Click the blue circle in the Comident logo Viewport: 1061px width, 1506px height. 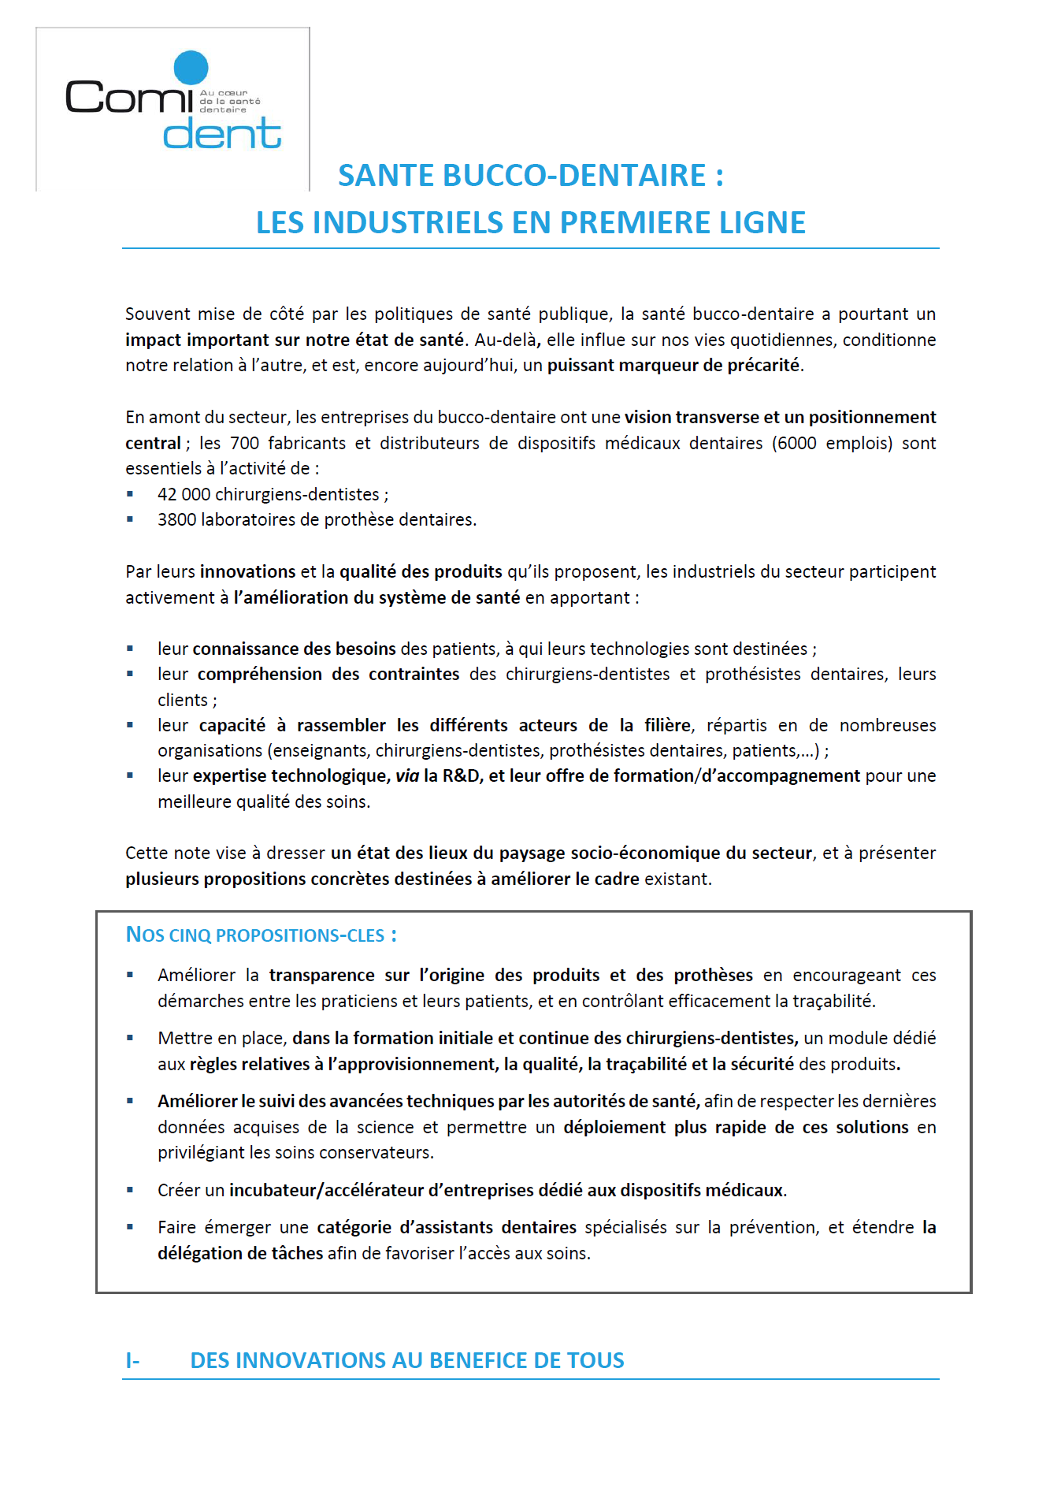pyautogui.click(x=191, y=68)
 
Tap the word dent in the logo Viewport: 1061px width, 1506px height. pyautogui.click(x=222, y=133)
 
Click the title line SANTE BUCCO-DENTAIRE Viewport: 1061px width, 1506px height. pyautogui.click(x=530, y=175)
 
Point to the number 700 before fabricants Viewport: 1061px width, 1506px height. pyautogui.click(x=244, y=443)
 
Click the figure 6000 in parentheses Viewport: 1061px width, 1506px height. pyautogui.click(x=796, y=443)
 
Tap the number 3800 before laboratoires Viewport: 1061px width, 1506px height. pyautogui.click(x=177, y=520)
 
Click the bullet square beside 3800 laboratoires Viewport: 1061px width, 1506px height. pyautogui.click(x=130, y=519)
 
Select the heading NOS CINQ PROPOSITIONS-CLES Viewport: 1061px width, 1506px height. pyautogui.click(x=262, y=935)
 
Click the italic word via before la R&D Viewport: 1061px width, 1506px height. pyautogui.click(x=407, y=776)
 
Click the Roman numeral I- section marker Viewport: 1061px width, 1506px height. pyautogui.click(x=132, y=1361)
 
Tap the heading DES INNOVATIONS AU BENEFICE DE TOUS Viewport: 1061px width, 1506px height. pyautogui.click(x=407, y=1361)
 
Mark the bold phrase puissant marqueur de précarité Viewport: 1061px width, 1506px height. pyautogui.click(x=673, y=366)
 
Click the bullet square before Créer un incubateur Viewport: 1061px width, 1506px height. pyautogui.click(x=130, y=1190)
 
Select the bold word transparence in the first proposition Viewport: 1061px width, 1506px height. pyautogui.click(x=321, y=976)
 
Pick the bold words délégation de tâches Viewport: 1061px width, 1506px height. pyautogui.click(x=240, y=1253)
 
